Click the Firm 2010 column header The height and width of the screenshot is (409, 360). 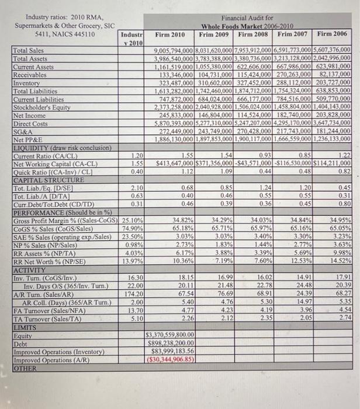tap(169, 35)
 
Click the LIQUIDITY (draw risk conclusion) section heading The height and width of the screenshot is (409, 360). tap(59, 148)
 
